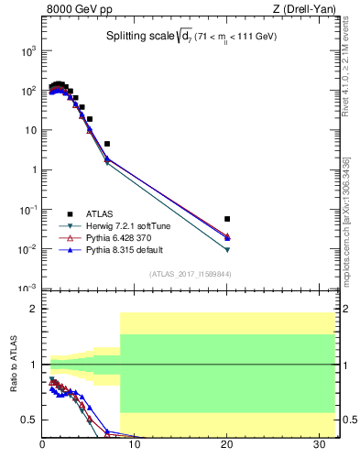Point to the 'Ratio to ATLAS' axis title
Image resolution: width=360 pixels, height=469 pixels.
coord(16,366)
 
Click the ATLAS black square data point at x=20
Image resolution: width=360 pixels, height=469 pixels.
coord(227,219)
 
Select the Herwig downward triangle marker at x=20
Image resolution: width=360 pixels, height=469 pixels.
coord(227,250)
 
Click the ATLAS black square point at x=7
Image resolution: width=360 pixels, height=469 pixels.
coord(107,144)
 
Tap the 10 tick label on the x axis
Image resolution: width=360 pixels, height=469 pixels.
coord(135,446)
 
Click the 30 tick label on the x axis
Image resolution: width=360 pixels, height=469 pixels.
coord(319,446)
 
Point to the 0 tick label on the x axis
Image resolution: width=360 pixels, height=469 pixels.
coord(43,446)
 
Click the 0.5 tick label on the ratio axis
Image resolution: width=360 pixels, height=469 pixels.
coord(28,420)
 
